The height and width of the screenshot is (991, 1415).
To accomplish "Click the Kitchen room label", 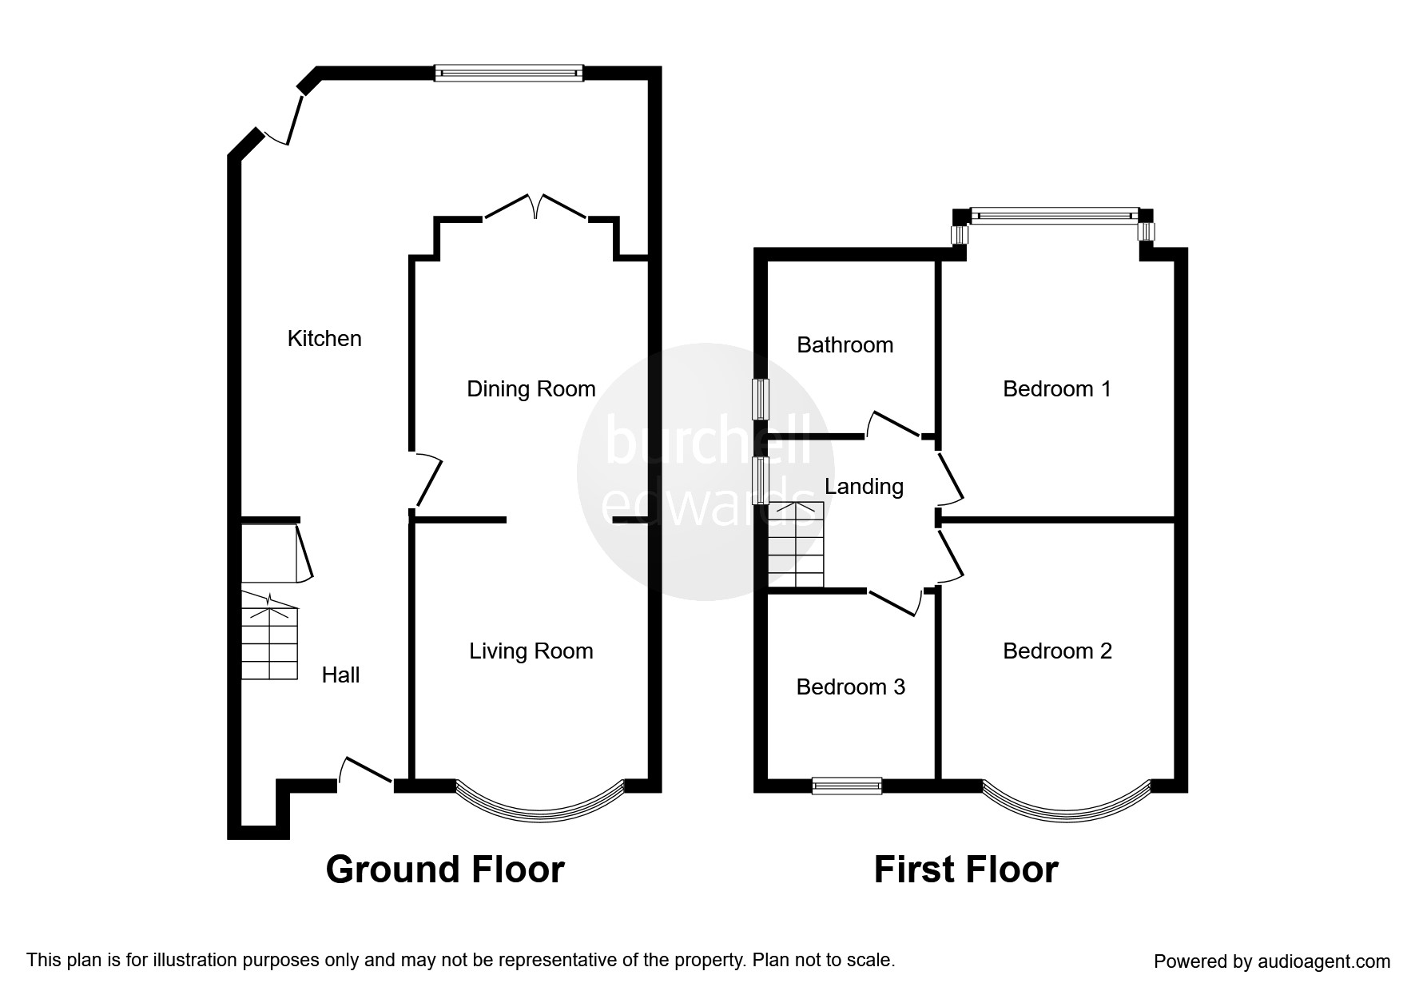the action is [324, 339].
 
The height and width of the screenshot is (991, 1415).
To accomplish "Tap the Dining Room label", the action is [531, 389].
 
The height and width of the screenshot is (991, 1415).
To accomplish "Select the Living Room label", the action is [531, 651].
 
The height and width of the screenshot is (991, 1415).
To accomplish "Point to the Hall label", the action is [340, 675].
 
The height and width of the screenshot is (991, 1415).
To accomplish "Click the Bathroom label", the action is [845, 345].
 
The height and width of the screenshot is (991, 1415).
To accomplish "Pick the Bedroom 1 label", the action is [1057, 389].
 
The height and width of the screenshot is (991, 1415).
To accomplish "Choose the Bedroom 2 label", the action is [1057, 651].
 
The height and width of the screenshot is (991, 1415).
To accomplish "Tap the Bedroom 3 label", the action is [851, 687].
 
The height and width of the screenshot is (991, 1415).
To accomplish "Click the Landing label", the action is [864, 487].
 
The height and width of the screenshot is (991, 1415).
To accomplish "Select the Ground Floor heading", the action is [445, 870].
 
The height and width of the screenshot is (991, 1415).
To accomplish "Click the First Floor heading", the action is [966, 870].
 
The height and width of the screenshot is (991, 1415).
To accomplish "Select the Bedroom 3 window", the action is [847, 786].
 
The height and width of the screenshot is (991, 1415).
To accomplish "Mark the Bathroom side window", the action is [761, 399].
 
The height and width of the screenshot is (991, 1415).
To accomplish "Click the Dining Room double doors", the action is [537, 206].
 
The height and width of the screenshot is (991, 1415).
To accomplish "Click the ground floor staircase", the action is [269, 636].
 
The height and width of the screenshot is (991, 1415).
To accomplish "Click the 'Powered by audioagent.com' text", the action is [1272, 961].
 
